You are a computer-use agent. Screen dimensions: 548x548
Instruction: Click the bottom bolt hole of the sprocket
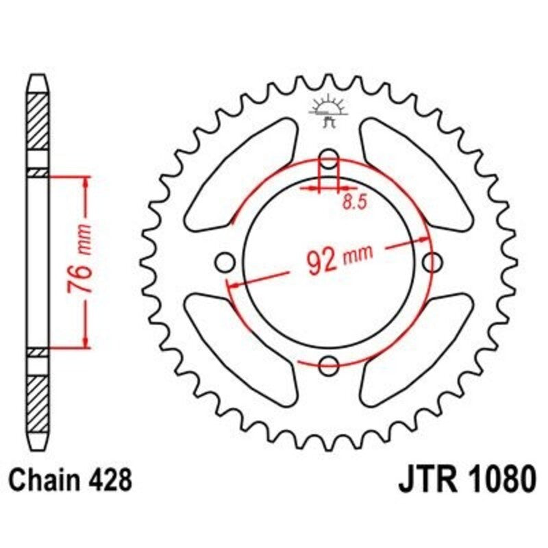click(x=330, y=364)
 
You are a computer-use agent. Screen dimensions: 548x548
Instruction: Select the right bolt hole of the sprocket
click(x=432, y=262)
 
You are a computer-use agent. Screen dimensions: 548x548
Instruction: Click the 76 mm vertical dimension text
click(x=82, y=258)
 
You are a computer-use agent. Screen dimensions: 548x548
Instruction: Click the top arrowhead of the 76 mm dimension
click(x=86, y=180)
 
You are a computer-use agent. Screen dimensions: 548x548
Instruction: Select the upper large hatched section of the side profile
click(x=38, y=123)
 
